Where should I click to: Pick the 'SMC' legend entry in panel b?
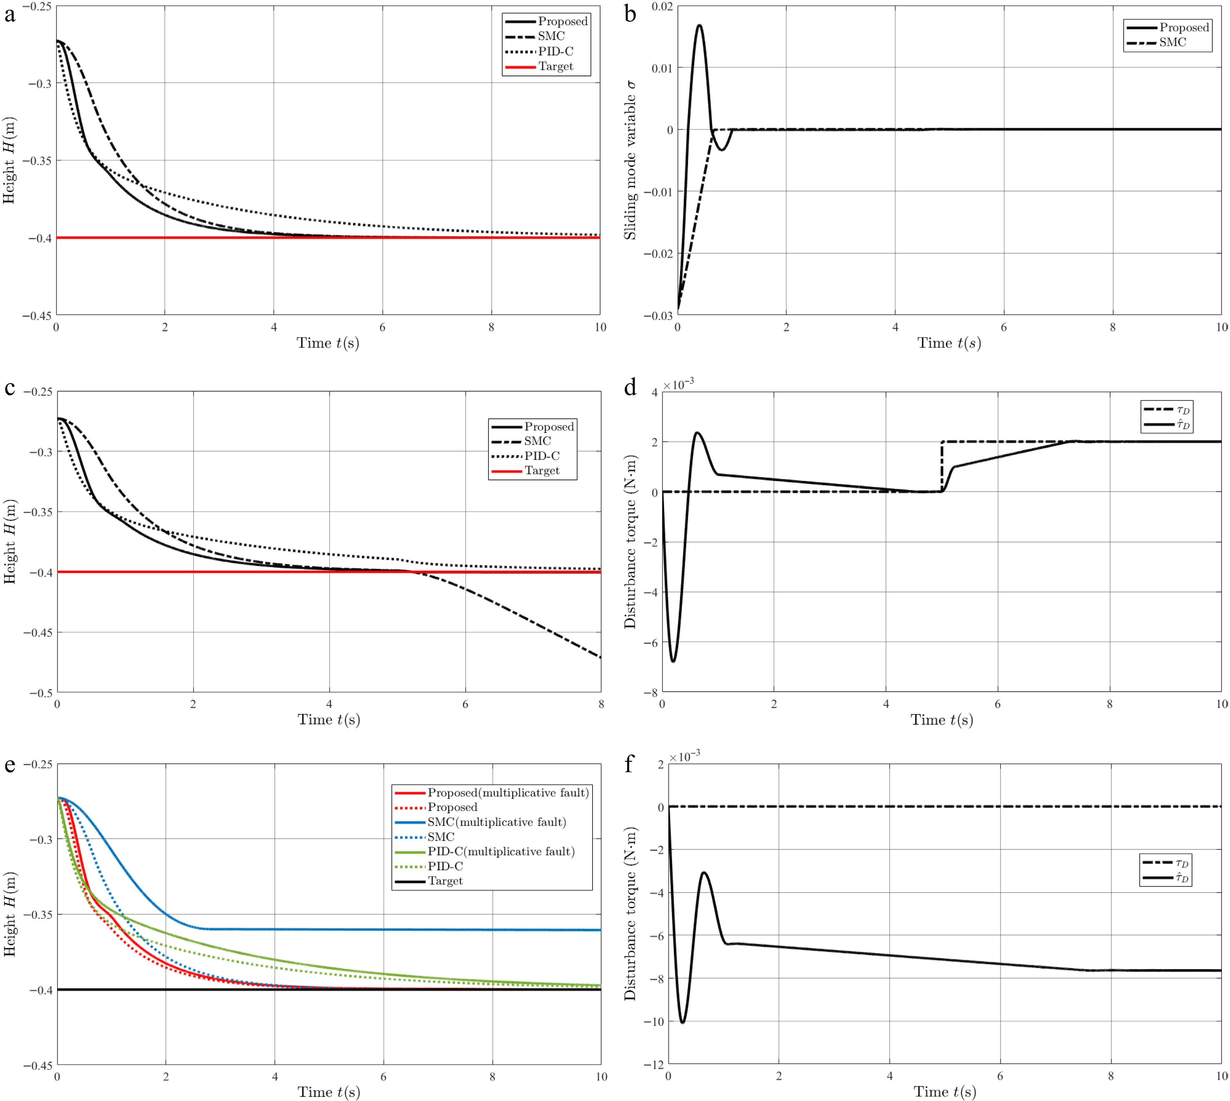[1172, 42]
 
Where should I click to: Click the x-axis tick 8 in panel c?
[601, 704]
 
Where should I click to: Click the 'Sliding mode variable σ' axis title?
[630, 160]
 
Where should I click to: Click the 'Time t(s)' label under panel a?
[327, 344]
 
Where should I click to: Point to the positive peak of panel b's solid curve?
[700, 25]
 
